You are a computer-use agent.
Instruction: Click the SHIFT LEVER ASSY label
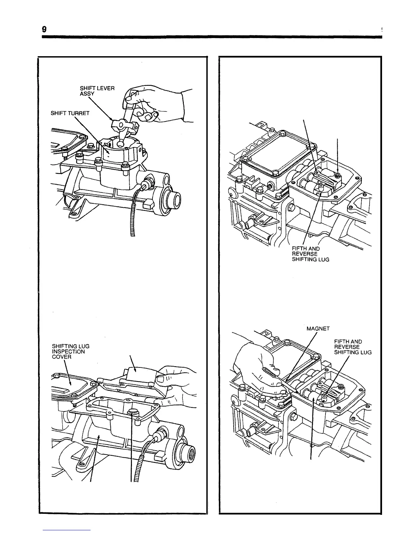(x=97, y=91)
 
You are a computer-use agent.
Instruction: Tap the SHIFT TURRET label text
(x=70, y=113)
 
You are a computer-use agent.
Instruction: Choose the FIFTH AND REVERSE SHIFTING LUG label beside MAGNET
(x=352, y=347)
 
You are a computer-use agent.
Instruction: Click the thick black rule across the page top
(x=212, y=37)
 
